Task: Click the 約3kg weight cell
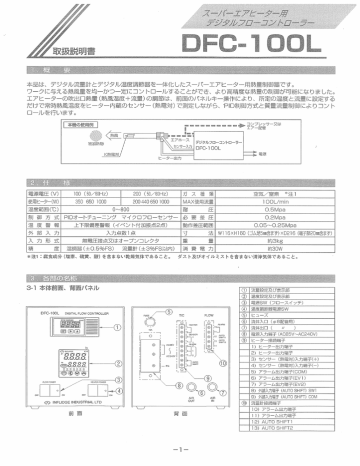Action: tap(300, 223)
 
